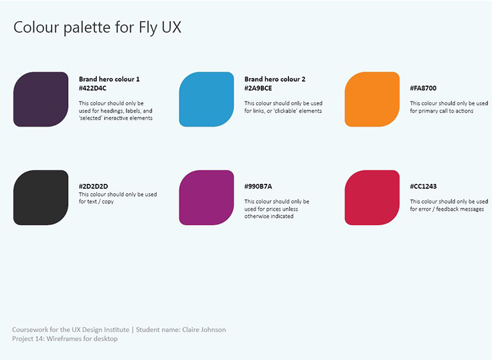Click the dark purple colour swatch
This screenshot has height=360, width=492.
tap(41, 99)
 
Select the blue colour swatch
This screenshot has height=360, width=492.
tap(206, 99)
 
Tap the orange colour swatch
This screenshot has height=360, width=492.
tap(372, 99)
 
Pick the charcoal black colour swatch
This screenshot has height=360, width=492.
tap(41, 197)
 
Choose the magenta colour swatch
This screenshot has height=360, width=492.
tap(206, 197)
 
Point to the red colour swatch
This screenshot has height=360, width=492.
tap(372, 197)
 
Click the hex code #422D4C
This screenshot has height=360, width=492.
tap(92, 88)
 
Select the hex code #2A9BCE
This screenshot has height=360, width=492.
tap(258, 88)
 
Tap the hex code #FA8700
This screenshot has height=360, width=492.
tap(423, 88)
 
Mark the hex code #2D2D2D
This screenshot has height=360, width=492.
tap(93, 186)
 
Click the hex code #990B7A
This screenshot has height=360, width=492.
tap(258, 186)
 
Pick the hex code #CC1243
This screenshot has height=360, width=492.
tap(423, 186)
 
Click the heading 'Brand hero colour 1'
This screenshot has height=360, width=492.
tap(109, 79)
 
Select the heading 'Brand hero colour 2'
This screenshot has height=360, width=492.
tap(275, 79)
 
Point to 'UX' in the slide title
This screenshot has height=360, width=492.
tap(171, 28)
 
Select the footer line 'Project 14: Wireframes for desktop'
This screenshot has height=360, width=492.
tap(65, 339)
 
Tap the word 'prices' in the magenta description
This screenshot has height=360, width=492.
tap(272, 209)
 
